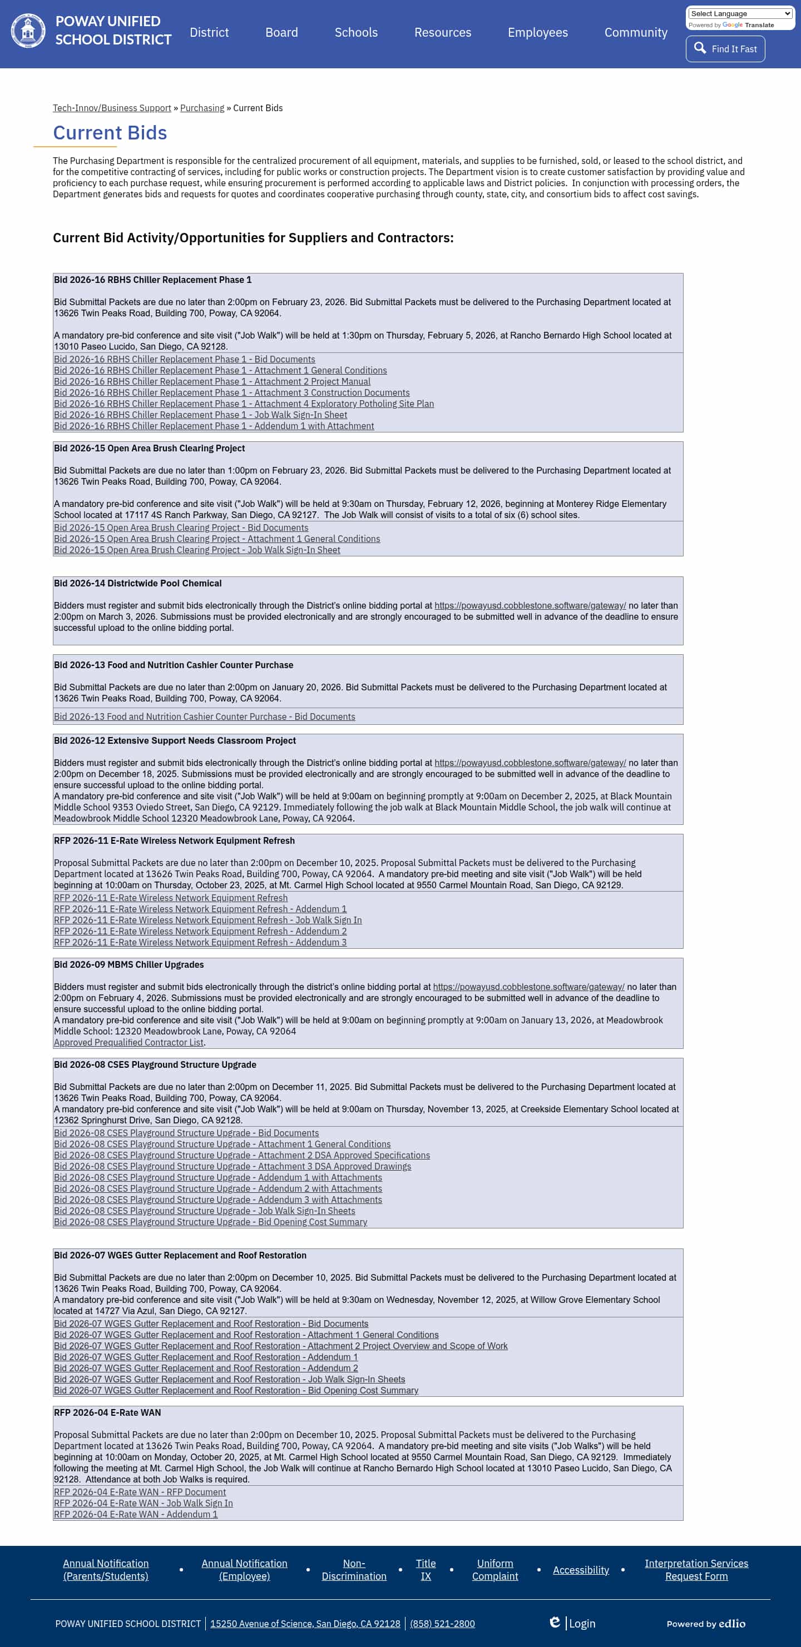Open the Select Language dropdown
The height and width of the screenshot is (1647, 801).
click(740, 13)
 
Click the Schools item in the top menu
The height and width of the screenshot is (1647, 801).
click(355, 33)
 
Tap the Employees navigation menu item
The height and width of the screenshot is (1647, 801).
click(537, 33)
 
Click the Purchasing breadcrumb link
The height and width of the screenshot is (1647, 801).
click(202, 108)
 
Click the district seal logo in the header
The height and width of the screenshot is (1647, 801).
click(28, 31)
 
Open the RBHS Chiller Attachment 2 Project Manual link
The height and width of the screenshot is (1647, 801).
click(212, 382)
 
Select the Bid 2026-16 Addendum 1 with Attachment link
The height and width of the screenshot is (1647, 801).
click(214, 426)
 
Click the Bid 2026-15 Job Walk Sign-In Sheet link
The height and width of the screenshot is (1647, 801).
click(197, 550)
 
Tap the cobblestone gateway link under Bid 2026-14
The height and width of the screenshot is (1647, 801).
click(530, 605)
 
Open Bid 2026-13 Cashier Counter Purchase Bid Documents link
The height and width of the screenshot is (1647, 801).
click(204, 716)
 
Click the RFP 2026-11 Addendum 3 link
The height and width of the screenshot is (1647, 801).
click(200, 942)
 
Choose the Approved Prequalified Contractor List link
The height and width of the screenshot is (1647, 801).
click(128, 1042)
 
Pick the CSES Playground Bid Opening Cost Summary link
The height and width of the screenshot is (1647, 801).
click(210, 1222)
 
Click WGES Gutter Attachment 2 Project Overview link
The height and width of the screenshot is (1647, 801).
click(280, 1346)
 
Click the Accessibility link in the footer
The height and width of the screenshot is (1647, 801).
click(580, 1570)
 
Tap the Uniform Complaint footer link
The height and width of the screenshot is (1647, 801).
click(495, 1570)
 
